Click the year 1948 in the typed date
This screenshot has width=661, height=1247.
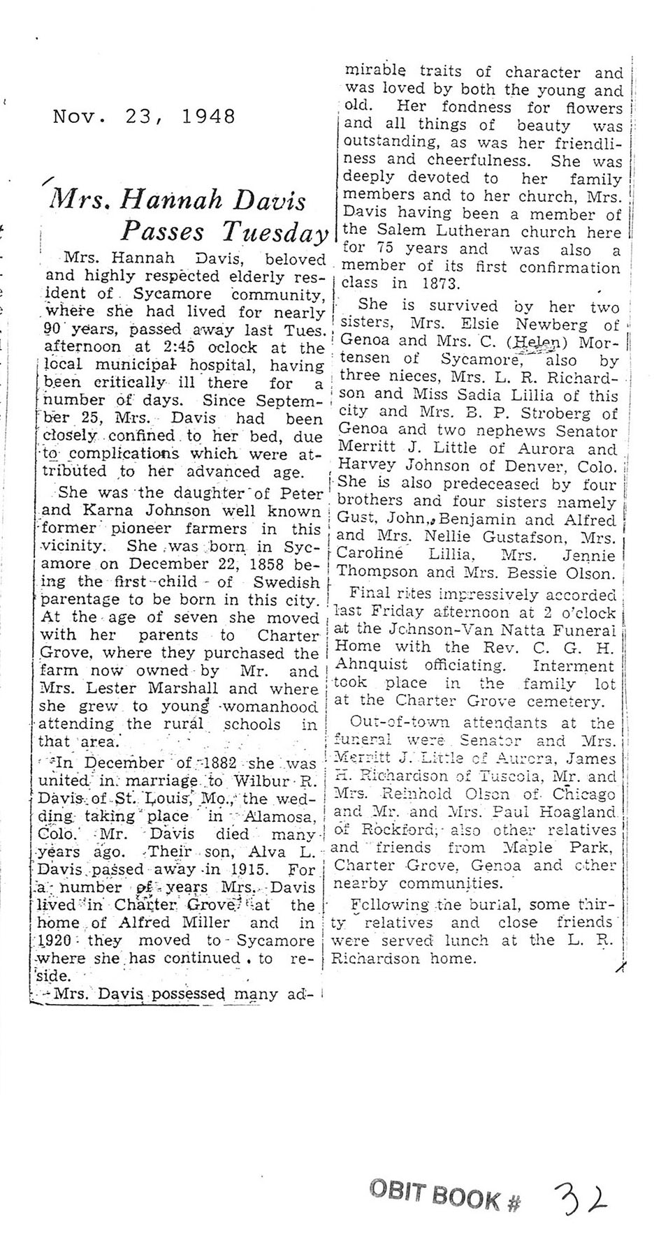click(209, 116)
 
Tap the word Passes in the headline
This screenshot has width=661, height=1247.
click(162, 232)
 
